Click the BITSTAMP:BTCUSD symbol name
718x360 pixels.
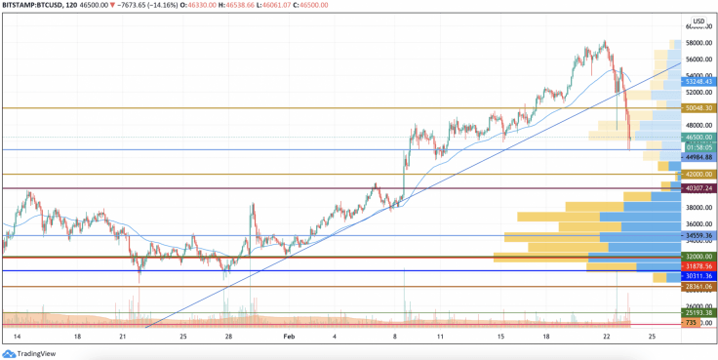(x=33, y=6)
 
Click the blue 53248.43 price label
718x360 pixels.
(x=698, y=81)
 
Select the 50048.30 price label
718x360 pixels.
(x=698, y=107)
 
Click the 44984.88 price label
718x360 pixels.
(x=698, y=157)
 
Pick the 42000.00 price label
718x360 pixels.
(x=698, y=175)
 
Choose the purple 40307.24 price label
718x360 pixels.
(x=698, y=187)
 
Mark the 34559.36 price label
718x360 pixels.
(x=698, y=235)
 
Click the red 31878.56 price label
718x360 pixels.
(x=698, y=265)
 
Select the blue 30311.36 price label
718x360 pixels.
(x=698, y=276)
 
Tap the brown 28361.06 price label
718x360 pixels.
(x=698, y=287)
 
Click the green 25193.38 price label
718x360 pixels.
(x=698, y=313)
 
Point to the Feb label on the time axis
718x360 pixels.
(x=288, y=336)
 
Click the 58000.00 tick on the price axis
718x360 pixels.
(x=698, y=43)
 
